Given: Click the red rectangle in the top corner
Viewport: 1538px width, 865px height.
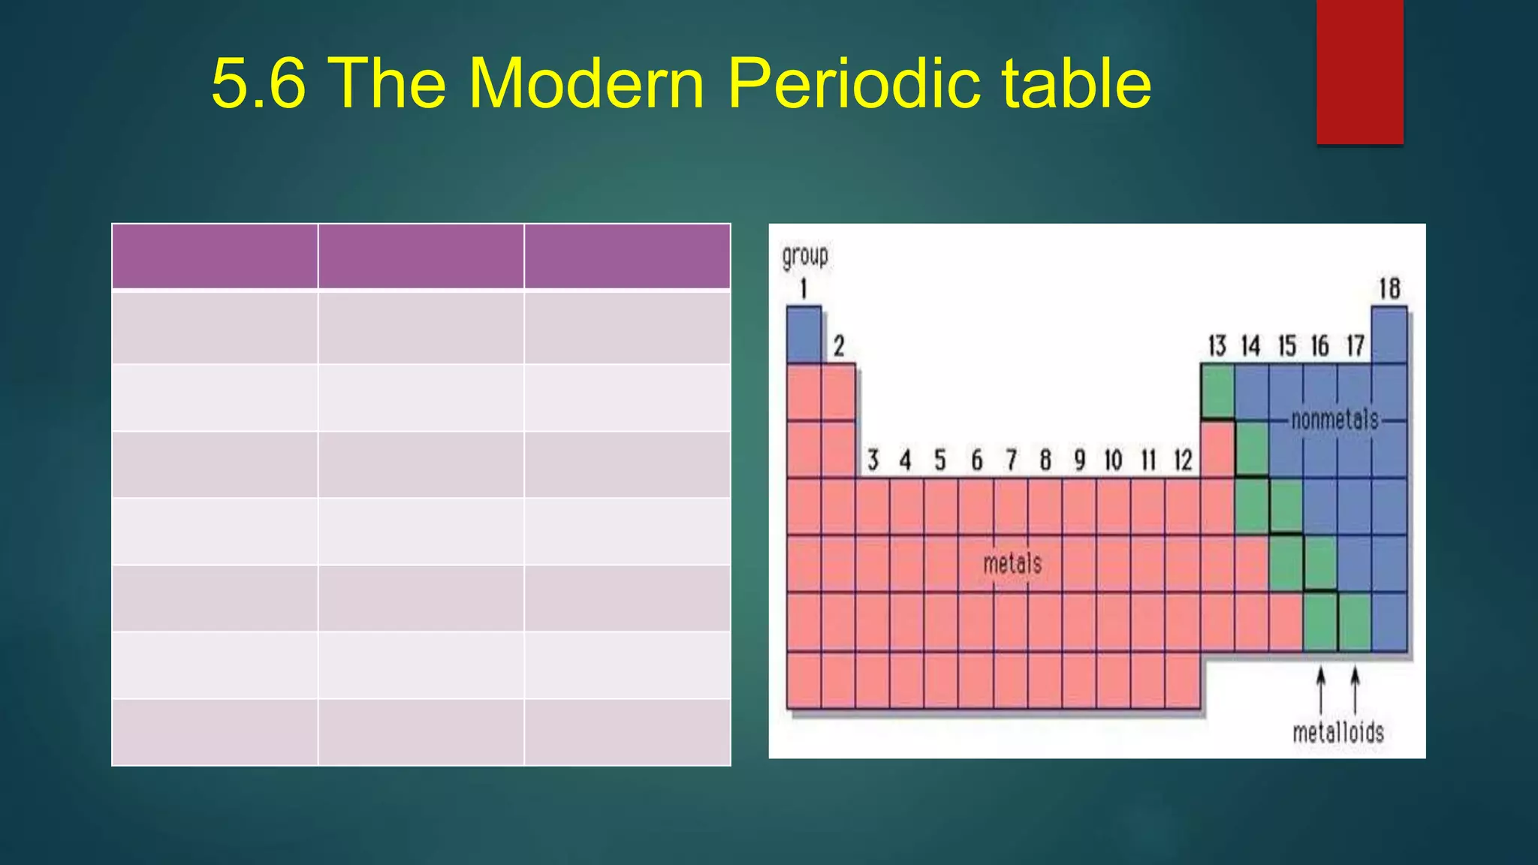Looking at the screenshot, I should click(1359, 71).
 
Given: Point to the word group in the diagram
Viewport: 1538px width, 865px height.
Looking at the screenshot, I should click(805, 257).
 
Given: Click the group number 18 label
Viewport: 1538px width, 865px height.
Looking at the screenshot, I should click(1389, 288).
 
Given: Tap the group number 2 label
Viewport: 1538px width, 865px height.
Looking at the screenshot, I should click(839, 346).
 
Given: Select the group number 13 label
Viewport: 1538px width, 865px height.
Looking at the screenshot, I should click(1217, 346).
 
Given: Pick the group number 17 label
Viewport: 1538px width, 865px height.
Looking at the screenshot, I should click(1355, 346).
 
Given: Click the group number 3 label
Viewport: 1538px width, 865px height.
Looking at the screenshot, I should click(873, 460).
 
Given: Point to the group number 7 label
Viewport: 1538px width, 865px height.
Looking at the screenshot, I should click(1011, 460).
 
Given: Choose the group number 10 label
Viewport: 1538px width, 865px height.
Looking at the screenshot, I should click(1113, 460).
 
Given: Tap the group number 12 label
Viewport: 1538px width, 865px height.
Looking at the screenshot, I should click(1183, 460).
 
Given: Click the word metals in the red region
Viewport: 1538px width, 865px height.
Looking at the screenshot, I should click(1012, 563).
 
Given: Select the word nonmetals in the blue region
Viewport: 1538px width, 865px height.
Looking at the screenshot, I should click(1335, 420).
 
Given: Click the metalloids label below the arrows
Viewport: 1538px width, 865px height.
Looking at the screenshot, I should click(1338, 732).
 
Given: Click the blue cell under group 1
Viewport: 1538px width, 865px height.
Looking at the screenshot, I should click(804, 335).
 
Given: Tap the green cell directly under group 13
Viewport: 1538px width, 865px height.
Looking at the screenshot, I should click(1217, 391).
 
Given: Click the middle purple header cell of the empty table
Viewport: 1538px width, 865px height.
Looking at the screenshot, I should click(421, 256).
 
